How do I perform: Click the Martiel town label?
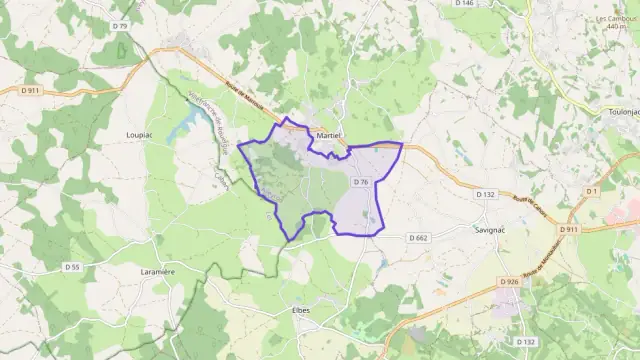click(x=328, y=135)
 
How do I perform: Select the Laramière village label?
click(x=158, y=270)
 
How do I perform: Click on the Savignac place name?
click(x=489, y=228)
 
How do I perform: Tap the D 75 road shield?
click(x=121, y=25)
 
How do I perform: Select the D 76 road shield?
click(x=362, y=182)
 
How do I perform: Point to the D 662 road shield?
click(x=418, y=238)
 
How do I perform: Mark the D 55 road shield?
click(x=72, y=267)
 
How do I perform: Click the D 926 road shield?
click(x=509, y=282)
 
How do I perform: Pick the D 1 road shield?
click(x=591, y=190)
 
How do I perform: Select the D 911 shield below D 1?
click(x=569, y=230)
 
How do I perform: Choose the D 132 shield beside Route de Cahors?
click(x=486, y=194)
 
